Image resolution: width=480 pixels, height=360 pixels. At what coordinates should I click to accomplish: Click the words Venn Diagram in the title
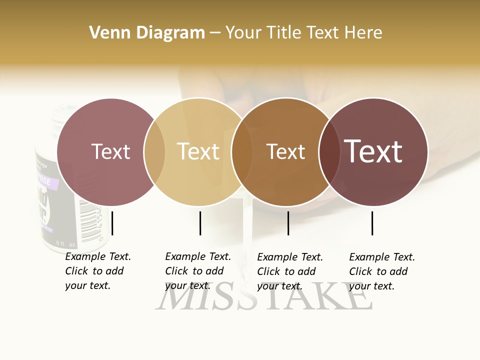(x=147, y=33)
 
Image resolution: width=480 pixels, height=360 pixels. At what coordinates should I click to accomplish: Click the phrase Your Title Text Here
(x=303, y=33)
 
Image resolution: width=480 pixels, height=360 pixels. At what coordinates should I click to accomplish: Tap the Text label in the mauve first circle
(x=110, y=151)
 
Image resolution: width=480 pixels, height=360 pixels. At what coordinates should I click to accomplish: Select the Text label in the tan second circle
(x=198, y=151)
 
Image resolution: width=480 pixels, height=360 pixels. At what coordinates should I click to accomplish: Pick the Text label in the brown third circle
(x=285, y=151)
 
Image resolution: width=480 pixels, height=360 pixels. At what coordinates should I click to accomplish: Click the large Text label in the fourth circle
(x=373, y=151)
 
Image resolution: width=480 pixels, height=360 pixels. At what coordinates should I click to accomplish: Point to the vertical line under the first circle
(x=112, y=223)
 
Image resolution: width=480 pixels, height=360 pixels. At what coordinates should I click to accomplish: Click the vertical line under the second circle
(x=200, y=223)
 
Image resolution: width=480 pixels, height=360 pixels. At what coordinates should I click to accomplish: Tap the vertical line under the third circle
(x=288, y=223)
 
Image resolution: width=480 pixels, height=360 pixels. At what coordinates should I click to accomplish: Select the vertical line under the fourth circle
(x=372, y=223)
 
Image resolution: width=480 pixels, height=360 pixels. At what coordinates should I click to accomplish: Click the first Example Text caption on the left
(x=97, y=271)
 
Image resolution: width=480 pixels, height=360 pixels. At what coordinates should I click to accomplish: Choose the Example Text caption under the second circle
(x=197, y=271)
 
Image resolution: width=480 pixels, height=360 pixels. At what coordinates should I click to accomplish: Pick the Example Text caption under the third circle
(x=289, y=271)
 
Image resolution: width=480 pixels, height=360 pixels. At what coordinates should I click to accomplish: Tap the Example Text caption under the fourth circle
(x=381, y=271)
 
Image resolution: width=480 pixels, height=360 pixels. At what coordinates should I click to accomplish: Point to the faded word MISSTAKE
(x=263, y=298)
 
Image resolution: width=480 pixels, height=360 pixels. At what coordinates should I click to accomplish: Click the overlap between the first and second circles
(x=154, y=151)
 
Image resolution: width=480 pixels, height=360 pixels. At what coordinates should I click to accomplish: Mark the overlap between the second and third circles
(x=242, y=151)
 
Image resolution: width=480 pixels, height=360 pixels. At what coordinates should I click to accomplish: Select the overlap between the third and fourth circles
(x=329, y=151)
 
